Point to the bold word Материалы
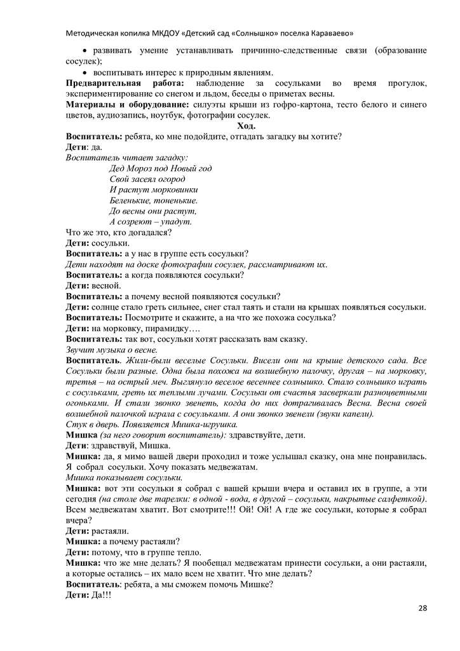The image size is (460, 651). tap(90, 105)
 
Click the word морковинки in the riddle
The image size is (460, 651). tap(175, 189)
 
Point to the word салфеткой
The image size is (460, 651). tap(403, 498)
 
